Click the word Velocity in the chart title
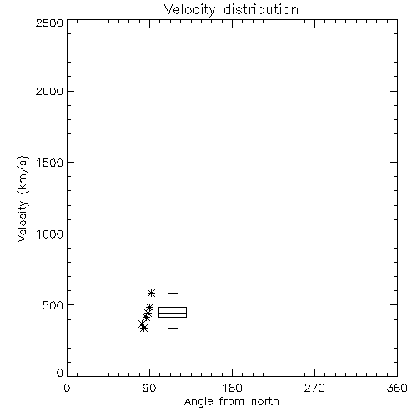click(x=190, y=9)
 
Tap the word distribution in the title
click(x=261, y=9)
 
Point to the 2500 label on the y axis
click(x=49, y=23)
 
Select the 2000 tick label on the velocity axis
click(x=49, y=91)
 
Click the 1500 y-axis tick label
click(x=50, y=163)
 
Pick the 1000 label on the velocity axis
click(x=50, y=234)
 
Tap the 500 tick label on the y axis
click(x=53, y=305)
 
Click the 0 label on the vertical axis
click(x=60, y=373)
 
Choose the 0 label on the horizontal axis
click(x=67, y=388)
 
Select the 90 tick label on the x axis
click(x=149, y=388)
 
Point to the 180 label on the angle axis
click(x=232, y=388)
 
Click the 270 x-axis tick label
click(x=314, y=388)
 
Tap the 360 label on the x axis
click(x=397, y=388)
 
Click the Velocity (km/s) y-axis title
click(x=23, y=198)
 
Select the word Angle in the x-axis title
click(x=198, y=402)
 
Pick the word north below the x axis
click(x=265, y=401)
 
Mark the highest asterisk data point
click(x=151, y=293)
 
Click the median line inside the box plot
click(x=173, y=313)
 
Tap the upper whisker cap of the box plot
click(x=173, y=293)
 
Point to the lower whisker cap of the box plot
click(x=173, y=328)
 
